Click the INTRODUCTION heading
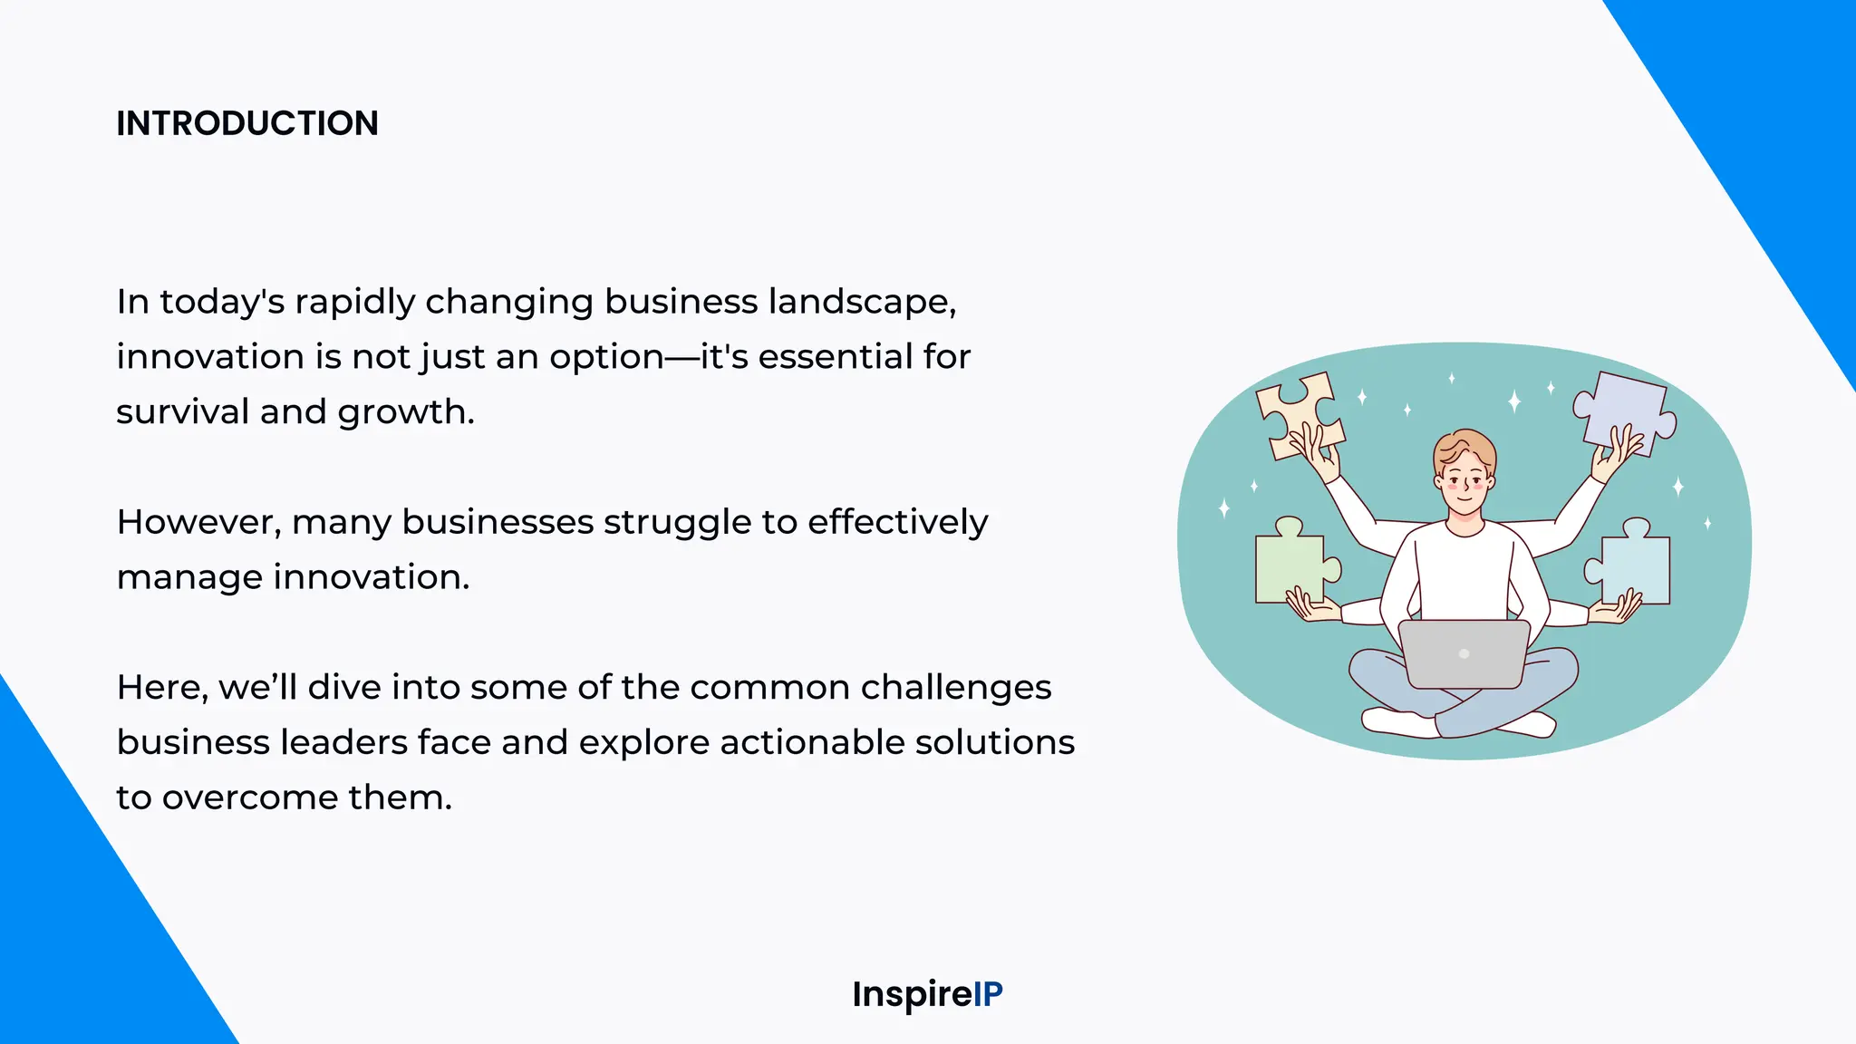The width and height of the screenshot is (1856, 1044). (246, 123)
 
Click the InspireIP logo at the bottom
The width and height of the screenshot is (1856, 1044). (927, 994)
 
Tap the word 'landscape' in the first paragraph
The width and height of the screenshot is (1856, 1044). (861, 302)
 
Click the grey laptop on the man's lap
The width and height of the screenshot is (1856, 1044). (1464, 653)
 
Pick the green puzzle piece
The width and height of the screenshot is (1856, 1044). (1290, 566)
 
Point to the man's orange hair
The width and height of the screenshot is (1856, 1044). (1464, 446)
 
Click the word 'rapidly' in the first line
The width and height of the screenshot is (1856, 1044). (354, 302)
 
